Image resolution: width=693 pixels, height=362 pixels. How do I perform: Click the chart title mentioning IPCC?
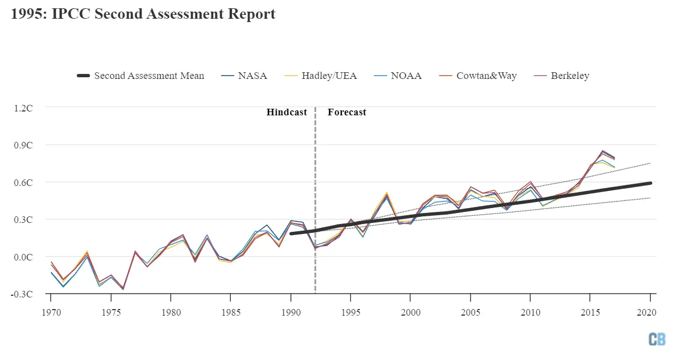pyautogui.click(x=143, y=14)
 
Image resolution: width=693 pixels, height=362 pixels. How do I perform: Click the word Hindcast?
pyautogui.click(x=287, y=112)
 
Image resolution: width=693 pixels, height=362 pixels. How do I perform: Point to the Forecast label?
pyautogui.click(x=347, y=112)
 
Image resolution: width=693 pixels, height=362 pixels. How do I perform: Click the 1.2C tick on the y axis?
pyautogui.click(x=24, y=108)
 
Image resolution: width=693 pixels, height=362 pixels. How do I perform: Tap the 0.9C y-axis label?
pyautogui.click(x=24, y=145)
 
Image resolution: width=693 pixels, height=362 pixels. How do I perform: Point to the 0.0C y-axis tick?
pyautogui.click(x=24, y=257)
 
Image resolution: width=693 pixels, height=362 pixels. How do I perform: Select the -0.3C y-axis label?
pyautogui.click(x=23, y=294)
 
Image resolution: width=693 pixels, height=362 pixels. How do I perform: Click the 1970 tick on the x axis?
pyautogui.click(x=51, y=312)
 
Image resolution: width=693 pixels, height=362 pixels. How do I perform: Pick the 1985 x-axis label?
pyautogui.click(x=230, y=312)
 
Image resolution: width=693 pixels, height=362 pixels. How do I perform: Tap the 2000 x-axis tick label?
pyautogui.click(x=410, y=312)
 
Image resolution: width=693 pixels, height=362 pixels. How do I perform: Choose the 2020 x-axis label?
pyautogui.click(x=649, y=312)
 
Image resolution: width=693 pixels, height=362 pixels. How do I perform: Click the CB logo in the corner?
pyautogui.click(x=657, y=339)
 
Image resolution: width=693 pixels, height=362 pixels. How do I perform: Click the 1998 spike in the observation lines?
pyautogui.click(x=386, y=194)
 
